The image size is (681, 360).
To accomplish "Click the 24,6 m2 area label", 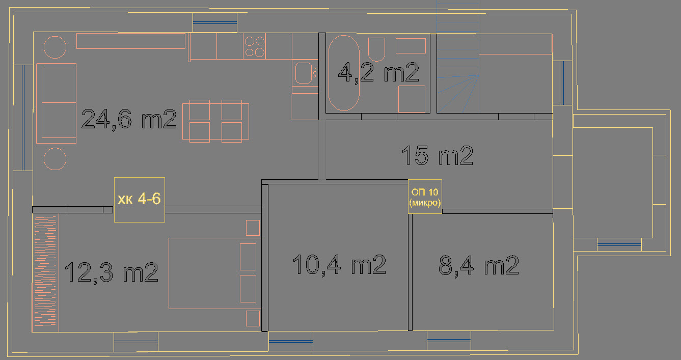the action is tap(129, 119).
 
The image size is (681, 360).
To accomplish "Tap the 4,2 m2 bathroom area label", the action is tap(378, 73).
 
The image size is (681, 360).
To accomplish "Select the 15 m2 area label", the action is tap(438, 155).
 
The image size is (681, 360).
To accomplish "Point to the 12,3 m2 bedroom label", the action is tap(111, 272).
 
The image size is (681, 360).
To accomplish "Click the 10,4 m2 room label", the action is tap(339, 265).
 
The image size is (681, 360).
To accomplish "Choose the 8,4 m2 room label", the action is tap(479, 265).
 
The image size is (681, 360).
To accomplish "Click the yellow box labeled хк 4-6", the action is tap(140, 200).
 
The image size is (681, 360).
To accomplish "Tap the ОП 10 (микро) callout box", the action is tap(425, 197).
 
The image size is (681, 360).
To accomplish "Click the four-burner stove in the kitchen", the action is tap(255, 46).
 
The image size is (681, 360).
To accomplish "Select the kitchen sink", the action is tap(304, 73).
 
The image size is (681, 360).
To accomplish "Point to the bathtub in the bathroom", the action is tap(344, 73).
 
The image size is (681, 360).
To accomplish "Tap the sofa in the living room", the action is tap(56, 103).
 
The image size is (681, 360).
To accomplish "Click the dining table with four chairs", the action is tap(215, 121).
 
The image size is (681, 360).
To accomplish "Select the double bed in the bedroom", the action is tap(214, 273).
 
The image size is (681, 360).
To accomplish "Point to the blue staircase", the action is tap(458, 57).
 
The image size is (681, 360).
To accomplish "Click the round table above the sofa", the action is tap(55, 47).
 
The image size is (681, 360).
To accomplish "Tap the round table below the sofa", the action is tap(55, 159).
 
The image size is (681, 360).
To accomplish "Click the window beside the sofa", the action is tap(23, 118).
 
